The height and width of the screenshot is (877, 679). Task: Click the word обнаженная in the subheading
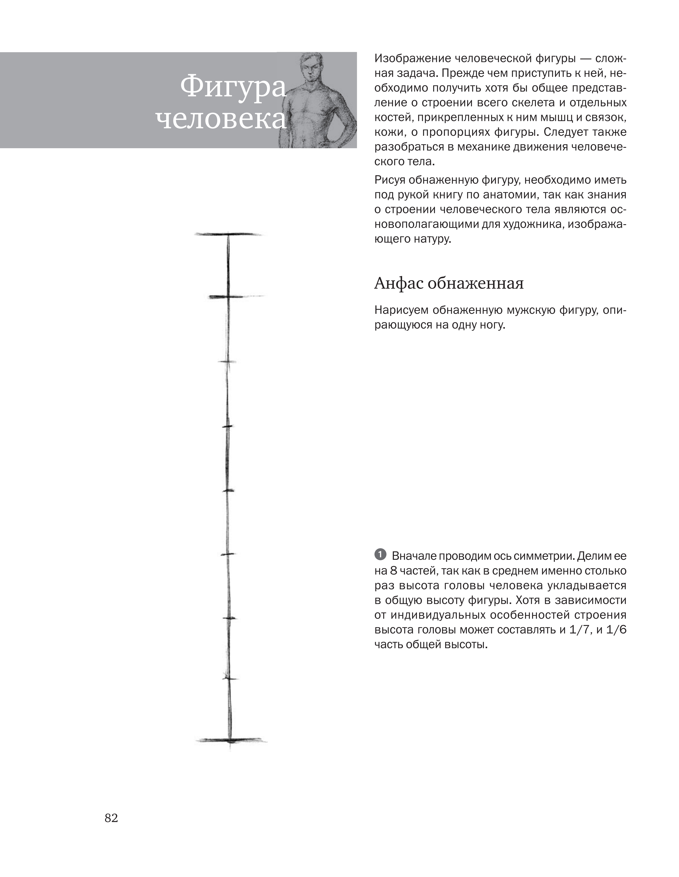click(475, 284)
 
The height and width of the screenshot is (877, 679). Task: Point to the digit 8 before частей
click(394, 571)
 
